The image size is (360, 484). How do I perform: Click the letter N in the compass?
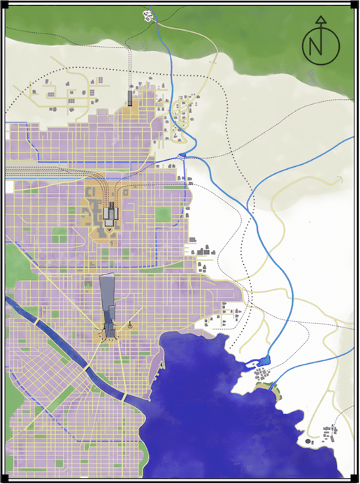(320, 47)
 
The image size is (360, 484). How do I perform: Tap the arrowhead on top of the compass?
(320, 20)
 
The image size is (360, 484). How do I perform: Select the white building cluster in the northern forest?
(148, 14)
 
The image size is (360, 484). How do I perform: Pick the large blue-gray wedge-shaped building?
(108, 300)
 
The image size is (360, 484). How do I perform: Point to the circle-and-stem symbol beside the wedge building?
(131, 325)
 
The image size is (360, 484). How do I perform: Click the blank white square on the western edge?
(9, 186)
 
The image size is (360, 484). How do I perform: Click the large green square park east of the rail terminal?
(163, 214)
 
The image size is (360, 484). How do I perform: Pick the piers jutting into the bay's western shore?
(161, 363)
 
